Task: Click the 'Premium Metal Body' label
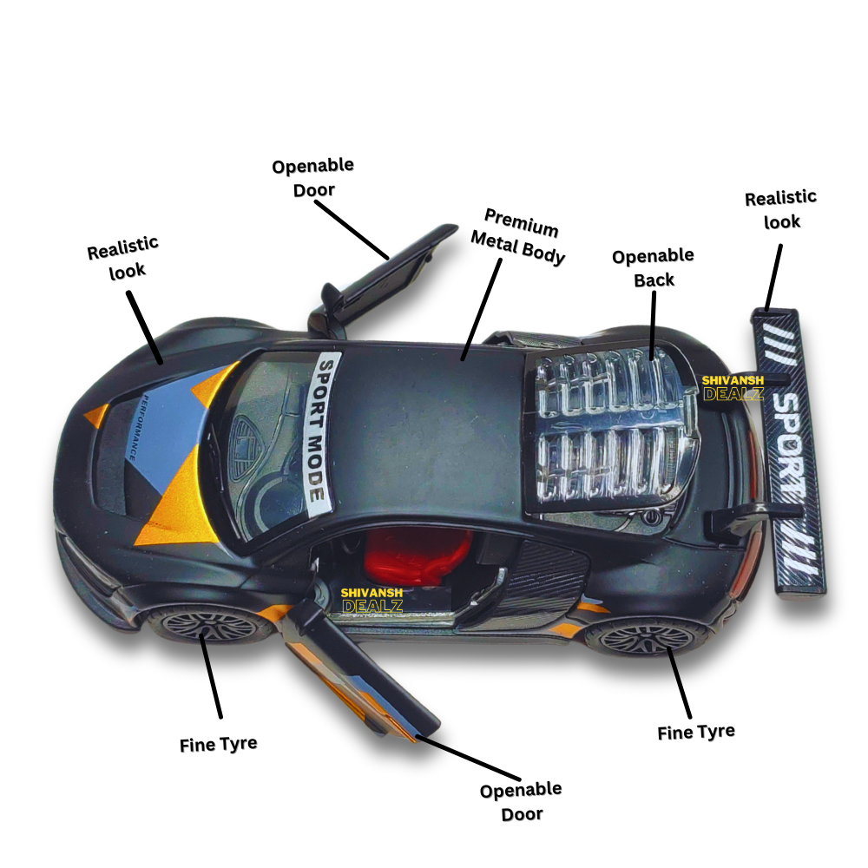click(520, 236)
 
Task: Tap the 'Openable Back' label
click(653, 267)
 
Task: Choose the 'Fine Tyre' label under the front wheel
click(218, 745)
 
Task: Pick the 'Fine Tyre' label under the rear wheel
click(695, 732)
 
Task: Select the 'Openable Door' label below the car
click(521, 801)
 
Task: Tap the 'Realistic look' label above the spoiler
click(780, 209)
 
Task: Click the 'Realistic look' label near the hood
click(123, 259)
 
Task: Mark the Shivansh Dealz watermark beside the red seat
click(372, 599)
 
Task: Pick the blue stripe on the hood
click(165, 434)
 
